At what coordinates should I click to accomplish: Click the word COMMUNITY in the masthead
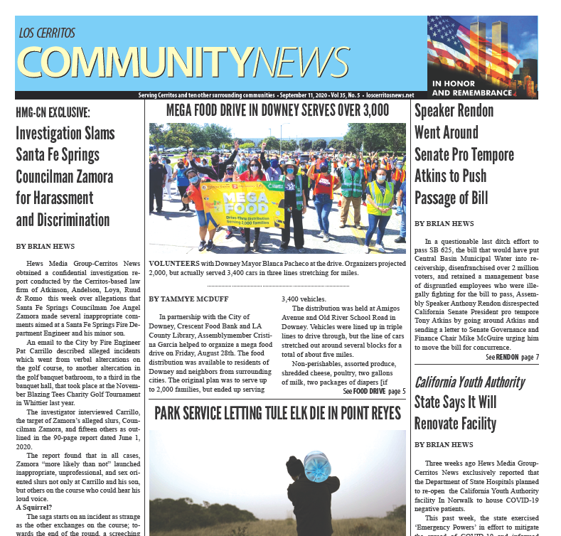tap(134, 62)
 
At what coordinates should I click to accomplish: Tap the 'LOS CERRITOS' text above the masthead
tap(47, 33)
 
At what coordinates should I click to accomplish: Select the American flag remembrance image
tap(481, 46)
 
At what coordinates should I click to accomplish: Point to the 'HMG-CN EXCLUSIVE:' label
tap(53, 112)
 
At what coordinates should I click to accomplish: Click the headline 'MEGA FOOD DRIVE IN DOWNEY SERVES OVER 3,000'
tap(277, 110)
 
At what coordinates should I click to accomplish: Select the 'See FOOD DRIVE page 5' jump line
tap(374, 391)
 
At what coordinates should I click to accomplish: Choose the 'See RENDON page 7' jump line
tap(512, 357)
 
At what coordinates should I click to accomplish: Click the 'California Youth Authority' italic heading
tap(469, 382)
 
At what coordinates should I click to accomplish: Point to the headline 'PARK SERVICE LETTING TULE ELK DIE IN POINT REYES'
tap(277, 414)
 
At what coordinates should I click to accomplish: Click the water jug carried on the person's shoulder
tap(317, 467)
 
